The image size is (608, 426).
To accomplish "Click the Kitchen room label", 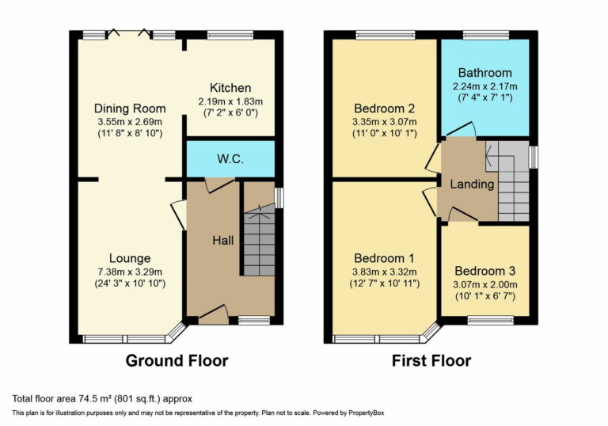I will [230, 88].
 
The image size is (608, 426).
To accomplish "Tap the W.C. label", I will [230, 159].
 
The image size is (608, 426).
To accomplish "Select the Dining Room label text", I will [130, 108].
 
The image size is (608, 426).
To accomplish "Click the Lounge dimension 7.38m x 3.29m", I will [130, 271].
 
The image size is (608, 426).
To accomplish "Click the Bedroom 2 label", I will [385, 108].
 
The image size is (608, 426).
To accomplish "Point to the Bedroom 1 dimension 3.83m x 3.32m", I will [385, 271].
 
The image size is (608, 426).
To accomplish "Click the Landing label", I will [472, 184].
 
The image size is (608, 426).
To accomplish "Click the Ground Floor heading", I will [177, 361].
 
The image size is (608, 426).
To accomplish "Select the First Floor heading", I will [431, 361].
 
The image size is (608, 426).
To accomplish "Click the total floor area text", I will [102, 398].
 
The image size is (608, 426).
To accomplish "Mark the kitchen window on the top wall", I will [230, 35].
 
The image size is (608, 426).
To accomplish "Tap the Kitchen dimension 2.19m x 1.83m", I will [230, 101].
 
